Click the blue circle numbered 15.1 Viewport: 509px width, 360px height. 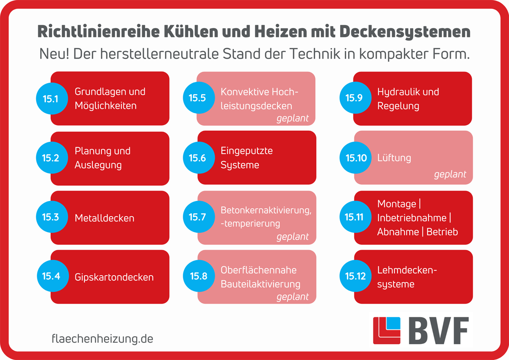(x=50, y=98)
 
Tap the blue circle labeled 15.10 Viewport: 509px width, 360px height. (x=356, y=158)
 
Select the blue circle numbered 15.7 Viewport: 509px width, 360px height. (x=197, y=217)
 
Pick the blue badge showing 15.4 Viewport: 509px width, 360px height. (x=50, y=276)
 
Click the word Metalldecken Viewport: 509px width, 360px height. (x=104, y=218)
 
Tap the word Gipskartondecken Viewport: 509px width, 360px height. (x=114, y=278)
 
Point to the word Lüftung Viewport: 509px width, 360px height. (x=394, y=158)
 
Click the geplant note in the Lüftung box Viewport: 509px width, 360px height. (x=450, y=174)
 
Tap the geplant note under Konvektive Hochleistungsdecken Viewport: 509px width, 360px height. (x=292, y=118)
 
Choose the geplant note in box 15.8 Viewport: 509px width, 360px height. (x=292, y=296)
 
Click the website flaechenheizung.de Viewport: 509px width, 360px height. (x=102, y=339)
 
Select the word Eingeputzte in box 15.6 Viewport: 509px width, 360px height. (x=246, y=151)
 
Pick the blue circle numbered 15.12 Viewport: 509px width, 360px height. (x=355, y=276)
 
